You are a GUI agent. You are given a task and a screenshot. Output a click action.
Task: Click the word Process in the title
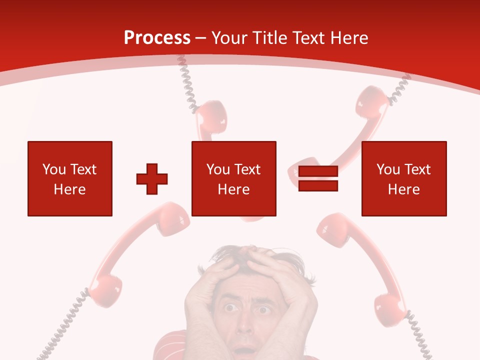(x=157, y=38)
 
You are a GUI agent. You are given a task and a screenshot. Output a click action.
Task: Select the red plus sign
(x=152, y=179)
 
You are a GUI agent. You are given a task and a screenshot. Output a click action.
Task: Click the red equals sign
(x=318, y=179)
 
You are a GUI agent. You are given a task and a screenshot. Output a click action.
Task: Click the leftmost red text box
(x=70, y=179)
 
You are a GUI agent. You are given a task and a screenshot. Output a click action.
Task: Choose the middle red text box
(x=233, y=179)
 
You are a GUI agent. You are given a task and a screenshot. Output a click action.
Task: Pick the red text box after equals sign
(x=403, y=179)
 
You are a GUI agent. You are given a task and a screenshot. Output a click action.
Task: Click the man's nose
(x=245, y=325)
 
